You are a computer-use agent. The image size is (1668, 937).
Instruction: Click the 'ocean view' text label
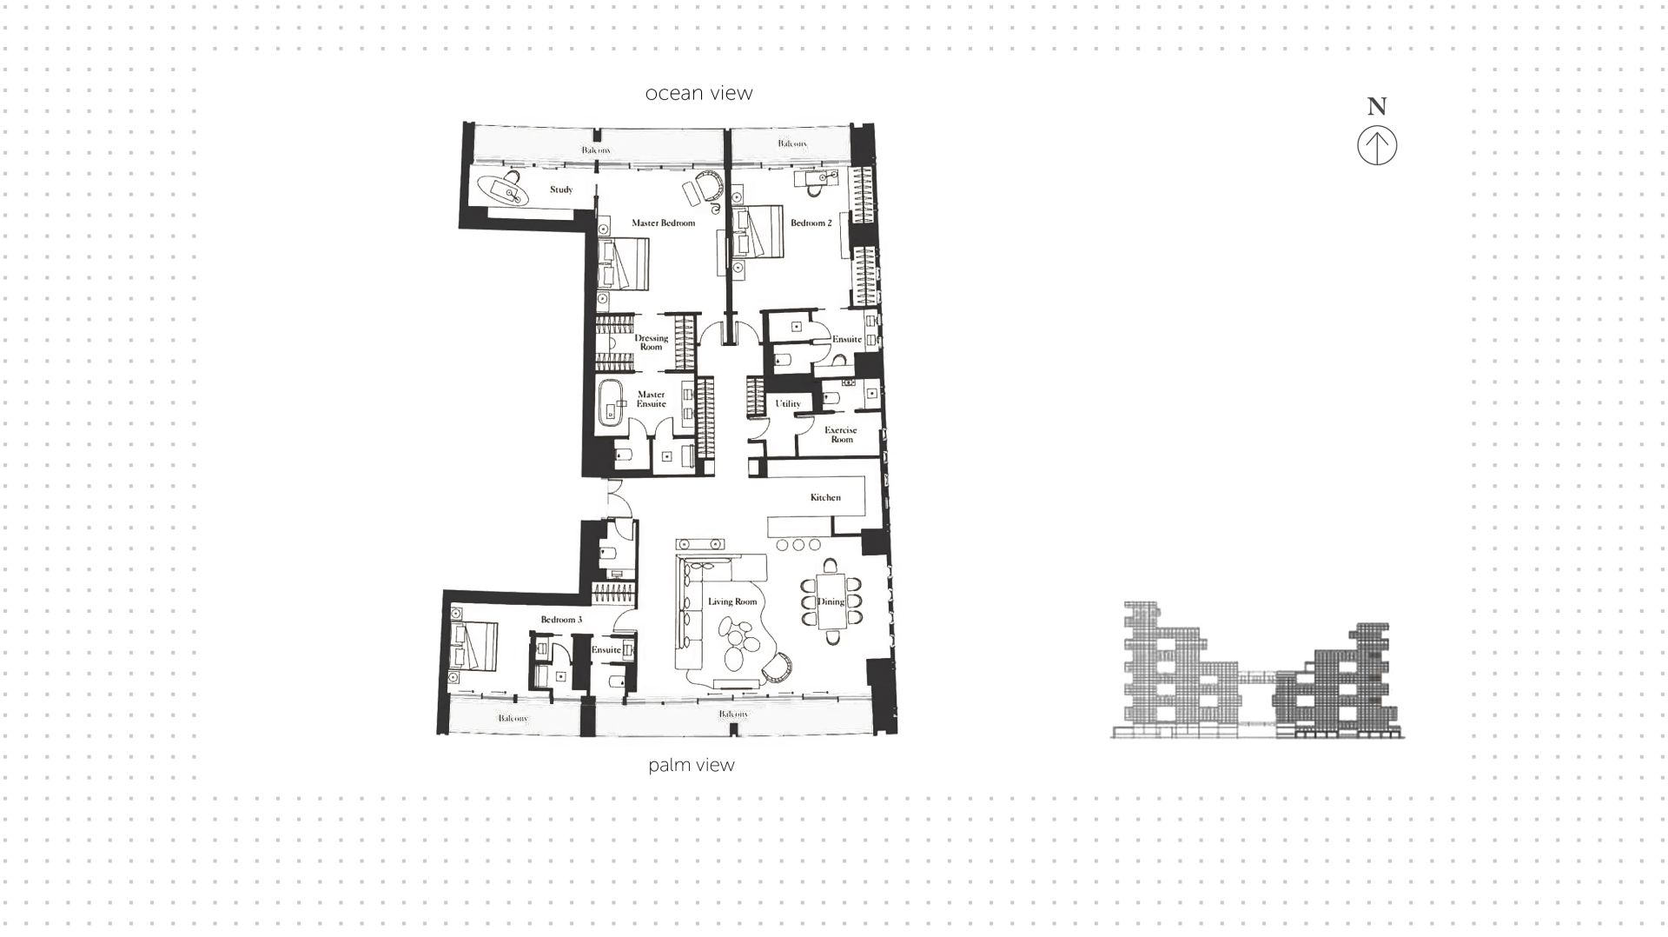tap(698, 93)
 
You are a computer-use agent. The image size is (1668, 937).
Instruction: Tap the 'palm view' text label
tap(691, 765)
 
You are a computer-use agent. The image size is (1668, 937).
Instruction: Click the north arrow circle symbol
tap(1377, 145)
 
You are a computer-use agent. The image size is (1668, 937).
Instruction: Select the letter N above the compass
tap(1377, 107)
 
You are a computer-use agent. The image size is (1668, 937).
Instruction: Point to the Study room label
tap(561, 189)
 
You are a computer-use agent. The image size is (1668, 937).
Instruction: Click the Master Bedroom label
tap(663, 223)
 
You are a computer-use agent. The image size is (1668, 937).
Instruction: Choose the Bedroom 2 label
tap(811, 223)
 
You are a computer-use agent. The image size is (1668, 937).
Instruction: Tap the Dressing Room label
tap(651, 342)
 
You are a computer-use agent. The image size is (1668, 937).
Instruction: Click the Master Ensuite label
tap(651, 399)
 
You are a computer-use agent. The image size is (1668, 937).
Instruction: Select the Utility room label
tap(788, 403)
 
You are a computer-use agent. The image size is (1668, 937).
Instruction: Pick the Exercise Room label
tap(841, 435)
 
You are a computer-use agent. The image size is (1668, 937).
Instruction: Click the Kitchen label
tap(825, 497)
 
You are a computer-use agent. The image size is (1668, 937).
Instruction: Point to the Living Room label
tap(731, 601)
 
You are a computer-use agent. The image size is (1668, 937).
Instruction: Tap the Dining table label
tap(831, 601)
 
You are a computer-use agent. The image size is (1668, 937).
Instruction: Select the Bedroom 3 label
tap(561, 620)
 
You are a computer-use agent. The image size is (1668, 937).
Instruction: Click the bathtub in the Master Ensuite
tap(612, 405)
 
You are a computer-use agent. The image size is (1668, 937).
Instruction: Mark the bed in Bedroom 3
tap(473, 646)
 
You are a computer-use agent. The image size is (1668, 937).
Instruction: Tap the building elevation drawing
tap(1257, 671)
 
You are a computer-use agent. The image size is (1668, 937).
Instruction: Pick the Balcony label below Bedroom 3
tap(513, 718)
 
